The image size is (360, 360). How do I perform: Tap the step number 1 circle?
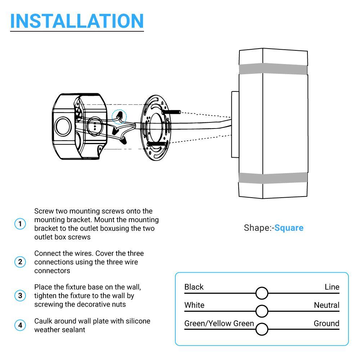click(x=20, y=224)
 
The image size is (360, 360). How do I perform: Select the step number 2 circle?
click(x=20, y=262)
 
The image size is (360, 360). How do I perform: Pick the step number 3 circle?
click(x=20, y=296)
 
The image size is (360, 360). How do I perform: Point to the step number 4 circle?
click(x=20, y=325)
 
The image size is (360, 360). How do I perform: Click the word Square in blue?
click(x=289, y=228)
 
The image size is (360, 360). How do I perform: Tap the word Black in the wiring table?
click(x=194, y=287)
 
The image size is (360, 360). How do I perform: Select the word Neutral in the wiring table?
click(x=326, y=305)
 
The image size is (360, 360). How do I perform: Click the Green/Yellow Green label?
click(x=219, y=323)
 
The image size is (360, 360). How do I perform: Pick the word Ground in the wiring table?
click(x=326, y=323)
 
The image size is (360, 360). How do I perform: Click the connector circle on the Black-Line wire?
click(x=262, y=293)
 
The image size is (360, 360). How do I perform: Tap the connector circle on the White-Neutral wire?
click(x=262, y=311)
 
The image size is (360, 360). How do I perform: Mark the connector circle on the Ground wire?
click(x=262, y=329)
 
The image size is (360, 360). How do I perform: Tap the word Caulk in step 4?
click(x=43, y=321)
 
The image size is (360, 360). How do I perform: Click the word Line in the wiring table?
click(x=332, y=287)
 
